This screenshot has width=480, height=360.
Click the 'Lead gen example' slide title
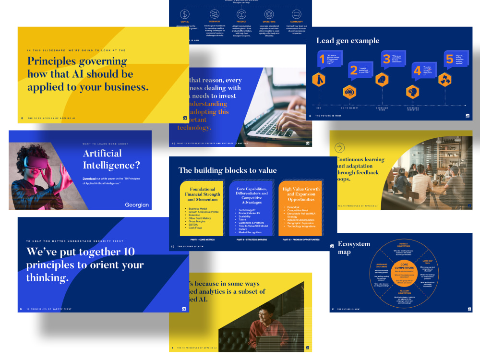click(x=348, y=41)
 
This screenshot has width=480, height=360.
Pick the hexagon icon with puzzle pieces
click(x=446, y=79)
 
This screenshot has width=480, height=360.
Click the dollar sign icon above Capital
click(x=185, y=14)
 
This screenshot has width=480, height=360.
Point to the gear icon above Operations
click(x=269, y=14)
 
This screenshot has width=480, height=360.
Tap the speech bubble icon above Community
click(x=296, y=14)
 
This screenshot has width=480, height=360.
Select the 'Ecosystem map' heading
click(x=354, y=248)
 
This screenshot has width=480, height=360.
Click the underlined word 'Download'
click(x=89, y=179)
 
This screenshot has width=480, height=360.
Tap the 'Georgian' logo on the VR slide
click(x=137, y=205)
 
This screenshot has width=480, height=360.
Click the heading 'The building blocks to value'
click(x=228, y=170)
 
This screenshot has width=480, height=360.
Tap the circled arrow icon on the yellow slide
click(x=340, y=148)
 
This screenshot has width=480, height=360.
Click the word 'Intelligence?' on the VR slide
click(x=111, y=166)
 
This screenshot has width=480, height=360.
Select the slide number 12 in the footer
click(x=172, y=246)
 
